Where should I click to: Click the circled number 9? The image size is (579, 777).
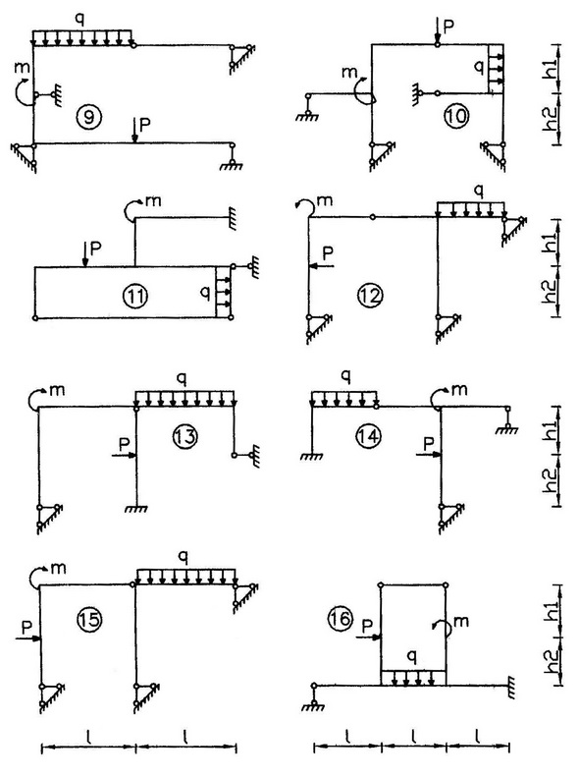coord(89,117)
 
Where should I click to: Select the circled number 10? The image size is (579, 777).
coord(455,117)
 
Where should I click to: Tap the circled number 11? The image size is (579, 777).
coord(134,296)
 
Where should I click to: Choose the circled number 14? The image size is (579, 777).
coord(368,436)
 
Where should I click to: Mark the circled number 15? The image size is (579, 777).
coord(89,619)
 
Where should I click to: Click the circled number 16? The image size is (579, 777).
coord(341,619)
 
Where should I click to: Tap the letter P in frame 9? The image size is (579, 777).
coord(145,125)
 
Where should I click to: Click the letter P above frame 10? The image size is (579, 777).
coord(448,27)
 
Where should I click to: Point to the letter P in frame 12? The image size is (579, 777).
coord(328,253)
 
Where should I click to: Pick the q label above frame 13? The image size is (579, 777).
coord(183,379)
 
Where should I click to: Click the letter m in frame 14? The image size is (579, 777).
coord(459,390)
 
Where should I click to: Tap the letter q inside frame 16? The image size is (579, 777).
coord(412,657)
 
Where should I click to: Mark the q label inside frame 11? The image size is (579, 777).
coord(205,294)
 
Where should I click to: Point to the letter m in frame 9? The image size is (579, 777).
coord(23,70)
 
